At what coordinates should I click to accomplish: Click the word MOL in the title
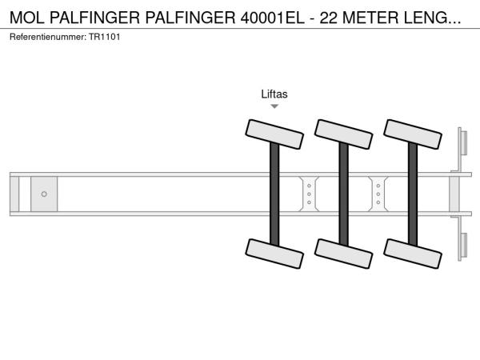pos(27,18)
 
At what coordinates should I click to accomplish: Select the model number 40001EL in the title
pos(273,18)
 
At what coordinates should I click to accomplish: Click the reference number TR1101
pos(104,37)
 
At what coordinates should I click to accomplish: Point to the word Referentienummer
pos(48,37)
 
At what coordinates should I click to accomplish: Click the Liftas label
pos(274,94)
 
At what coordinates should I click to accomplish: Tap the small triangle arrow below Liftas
pos(274,106)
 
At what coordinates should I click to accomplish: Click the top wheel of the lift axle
pos(274,134)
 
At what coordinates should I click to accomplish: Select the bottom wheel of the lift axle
pos(274,254)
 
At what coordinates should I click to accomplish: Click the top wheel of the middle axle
pos(344,134)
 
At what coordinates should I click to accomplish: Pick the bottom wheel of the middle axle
pos(344,254)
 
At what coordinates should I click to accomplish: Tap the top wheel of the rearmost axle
pos(413,134)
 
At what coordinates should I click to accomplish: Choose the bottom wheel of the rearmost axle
pos(413,254)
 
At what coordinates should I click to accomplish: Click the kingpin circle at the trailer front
pos(44,194)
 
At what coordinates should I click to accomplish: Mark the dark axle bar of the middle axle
pos(344,194)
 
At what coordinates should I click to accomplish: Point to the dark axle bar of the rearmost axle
pos(413,194)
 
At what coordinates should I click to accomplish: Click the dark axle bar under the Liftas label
pos(274,194)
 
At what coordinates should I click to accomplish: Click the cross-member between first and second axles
pos(309,194)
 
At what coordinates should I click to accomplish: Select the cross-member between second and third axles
pos(378,194)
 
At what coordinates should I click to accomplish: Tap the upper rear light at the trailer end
pos(464,143)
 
